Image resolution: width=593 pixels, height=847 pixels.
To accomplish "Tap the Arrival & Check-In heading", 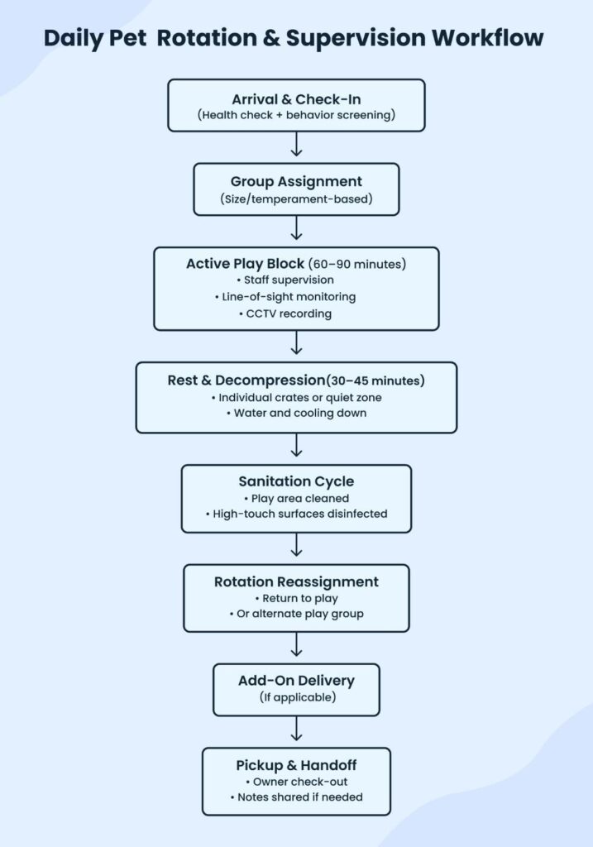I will tap(296, 99).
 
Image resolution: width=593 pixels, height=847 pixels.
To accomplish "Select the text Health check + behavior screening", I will tap(296, 115).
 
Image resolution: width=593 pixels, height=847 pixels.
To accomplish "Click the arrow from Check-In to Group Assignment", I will tap(296, 146).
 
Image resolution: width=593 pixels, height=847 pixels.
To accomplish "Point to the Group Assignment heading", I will tap(296, 182).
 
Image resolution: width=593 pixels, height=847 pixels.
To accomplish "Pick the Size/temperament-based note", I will tap(296, 199).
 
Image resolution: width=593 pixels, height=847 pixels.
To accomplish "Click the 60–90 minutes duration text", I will tap(357, 265).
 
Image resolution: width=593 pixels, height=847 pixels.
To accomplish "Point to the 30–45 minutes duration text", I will tap(376, 380).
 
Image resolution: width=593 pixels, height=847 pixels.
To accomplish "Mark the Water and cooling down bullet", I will tap(296, 413).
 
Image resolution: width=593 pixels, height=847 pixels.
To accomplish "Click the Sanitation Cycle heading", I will tap(296, 481).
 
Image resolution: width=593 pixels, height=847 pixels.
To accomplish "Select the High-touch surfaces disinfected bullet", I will tap(296, 514).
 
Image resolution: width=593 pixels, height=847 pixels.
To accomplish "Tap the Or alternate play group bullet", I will tap(296, 613).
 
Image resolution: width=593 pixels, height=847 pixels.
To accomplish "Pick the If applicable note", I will tap(296, 697).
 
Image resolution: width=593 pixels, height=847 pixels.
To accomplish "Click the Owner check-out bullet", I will tap(296, 781).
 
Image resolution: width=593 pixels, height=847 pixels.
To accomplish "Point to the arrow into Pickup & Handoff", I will tap(296, 730).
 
